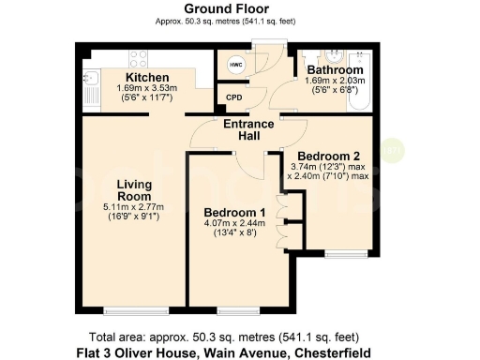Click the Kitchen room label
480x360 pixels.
click(x=147, y=77)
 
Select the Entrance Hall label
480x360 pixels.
click(x=247, y=130)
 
